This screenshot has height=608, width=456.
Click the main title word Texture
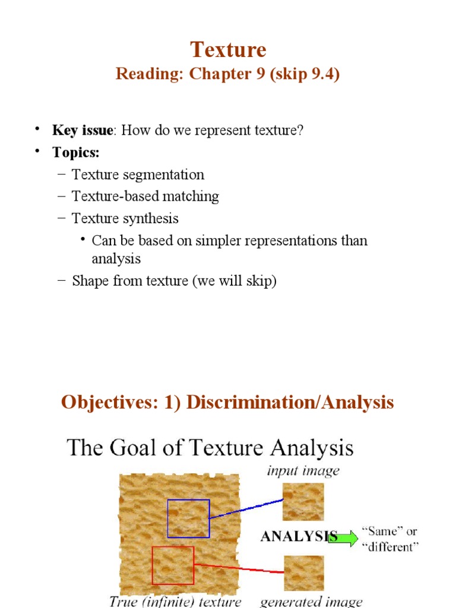point(228,49)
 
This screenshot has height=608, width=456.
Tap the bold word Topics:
point(76,152)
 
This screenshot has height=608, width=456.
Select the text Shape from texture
point(129,281)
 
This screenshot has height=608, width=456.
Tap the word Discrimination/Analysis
point(290,403)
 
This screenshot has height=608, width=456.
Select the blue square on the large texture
point(188,518)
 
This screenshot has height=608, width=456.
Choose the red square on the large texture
point(173,565)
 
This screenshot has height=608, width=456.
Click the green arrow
point(343,537)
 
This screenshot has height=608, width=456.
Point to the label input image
point(303,471)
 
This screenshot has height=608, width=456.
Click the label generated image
point(311,601)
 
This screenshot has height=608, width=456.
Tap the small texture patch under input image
point(303,502)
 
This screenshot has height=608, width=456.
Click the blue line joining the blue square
point(246,509)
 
